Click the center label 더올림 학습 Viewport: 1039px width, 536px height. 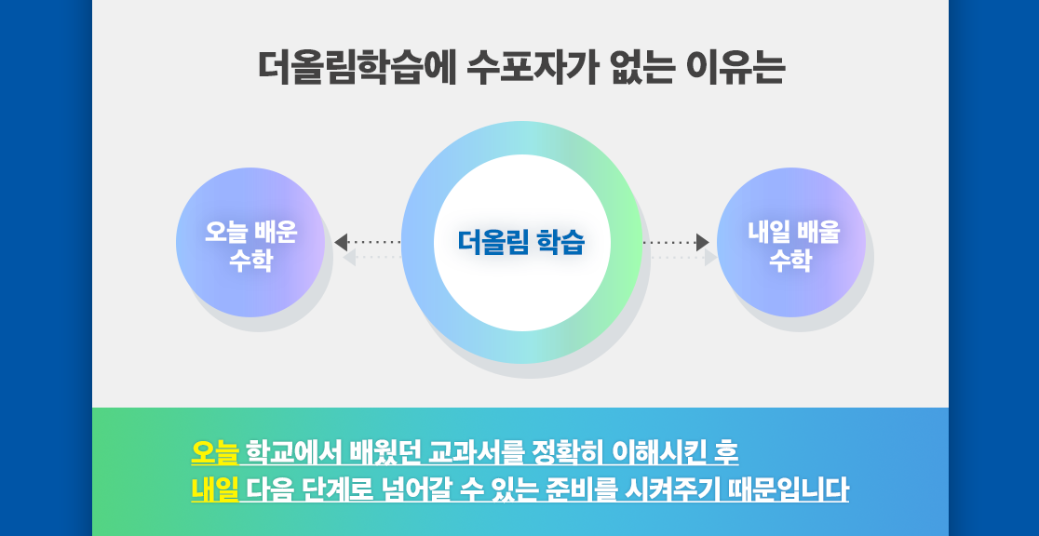[521, 243]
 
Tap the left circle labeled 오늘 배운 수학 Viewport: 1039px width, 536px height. [250, 242]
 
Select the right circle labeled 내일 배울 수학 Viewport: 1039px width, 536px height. [791, 242]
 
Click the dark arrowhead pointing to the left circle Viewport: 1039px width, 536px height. [341, 243]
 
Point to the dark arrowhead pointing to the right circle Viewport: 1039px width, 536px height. [702, 243]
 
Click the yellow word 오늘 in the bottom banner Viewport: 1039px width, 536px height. [214, 452]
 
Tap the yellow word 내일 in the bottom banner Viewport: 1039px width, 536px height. [214, 490]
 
